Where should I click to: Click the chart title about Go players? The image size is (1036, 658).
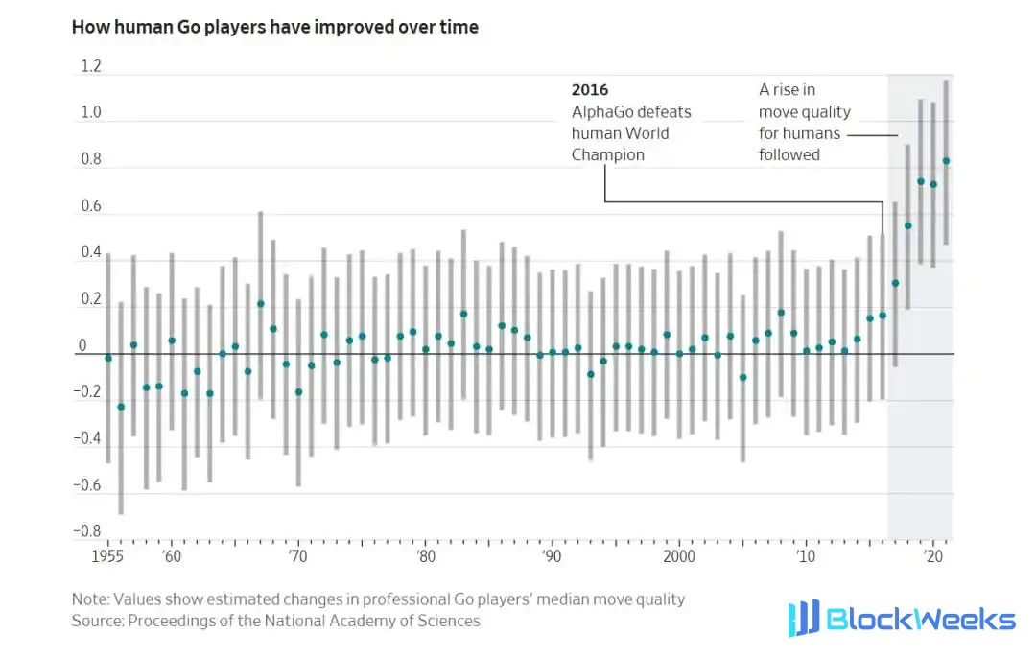click(275, 27)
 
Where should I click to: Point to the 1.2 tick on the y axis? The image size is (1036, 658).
click(91, 66)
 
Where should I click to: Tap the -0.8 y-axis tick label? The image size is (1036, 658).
click(87, 531)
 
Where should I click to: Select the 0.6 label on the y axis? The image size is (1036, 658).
click(91, 206)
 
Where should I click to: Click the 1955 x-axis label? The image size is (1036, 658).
click(107, 556)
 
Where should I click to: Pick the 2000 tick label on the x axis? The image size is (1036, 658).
click(679, 556)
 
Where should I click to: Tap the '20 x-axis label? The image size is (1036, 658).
click(933, 556)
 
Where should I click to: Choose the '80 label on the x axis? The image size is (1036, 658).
click(426, 556)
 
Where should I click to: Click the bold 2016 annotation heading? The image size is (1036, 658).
click(590, 90)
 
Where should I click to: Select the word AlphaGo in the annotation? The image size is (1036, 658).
click(600, 111)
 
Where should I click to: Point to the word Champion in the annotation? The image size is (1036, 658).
click(608, 154)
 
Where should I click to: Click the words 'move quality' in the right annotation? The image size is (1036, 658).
click(805, 111)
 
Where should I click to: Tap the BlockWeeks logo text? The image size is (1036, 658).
click(921, 619)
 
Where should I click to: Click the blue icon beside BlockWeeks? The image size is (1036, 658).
click(804, 618)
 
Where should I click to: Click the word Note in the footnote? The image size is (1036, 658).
click(90, 599)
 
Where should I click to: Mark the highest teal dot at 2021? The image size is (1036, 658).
click(946, 161)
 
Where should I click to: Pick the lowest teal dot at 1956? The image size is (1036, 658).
click(121, 407)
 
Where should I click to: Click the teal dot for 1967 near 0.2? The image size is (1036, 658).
click(261, 304)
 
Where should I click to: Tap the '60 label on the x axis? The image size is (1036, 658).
click(172, 556)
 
